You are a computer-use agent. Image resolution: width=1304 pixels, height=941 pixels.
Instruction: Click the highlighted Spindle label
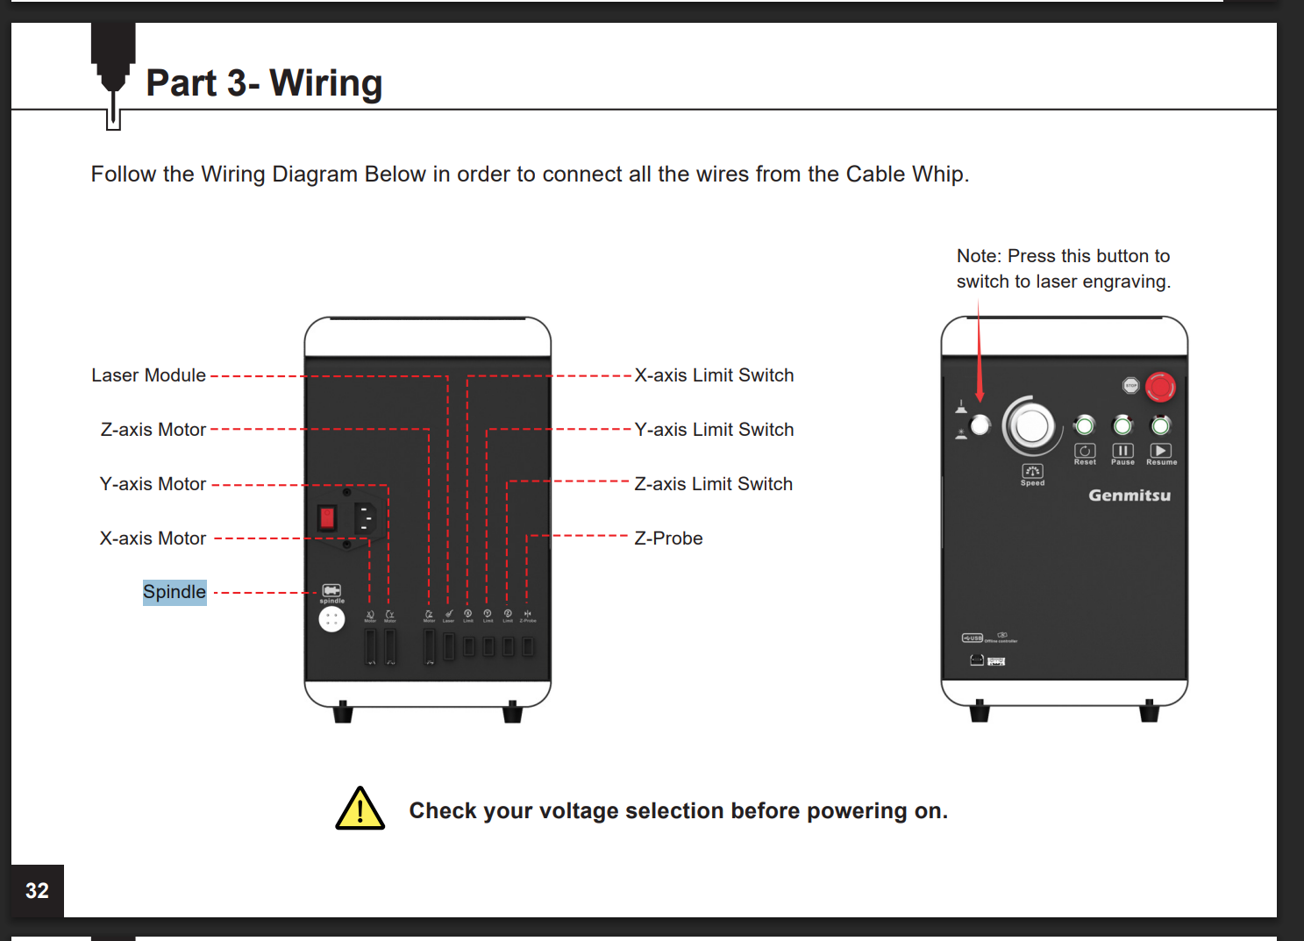click(175, 592)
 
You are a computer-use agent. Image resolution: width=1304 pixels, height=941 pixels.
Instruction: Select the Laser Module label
click(148, 375)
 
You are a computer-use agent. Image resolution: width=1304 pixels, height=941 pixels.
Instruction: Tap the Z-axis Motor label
click(153, 430)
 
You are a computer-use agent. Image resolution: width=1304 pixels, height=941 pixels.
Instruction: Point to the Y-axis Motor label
click(153, 484)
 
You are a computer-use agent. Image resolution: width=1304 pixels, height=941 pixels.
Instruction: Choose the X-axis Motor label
click(153, 538)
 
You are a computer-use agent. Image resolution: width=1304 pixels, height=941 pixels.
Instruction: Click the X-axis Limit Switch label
click(714, 375)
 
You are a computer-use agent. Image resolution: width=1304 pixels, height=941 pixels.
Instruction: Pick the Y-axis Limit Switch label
click(714, 430)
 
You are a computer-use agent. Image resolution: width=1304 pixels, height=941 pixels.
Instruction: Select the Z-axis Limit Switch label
click(713, 484)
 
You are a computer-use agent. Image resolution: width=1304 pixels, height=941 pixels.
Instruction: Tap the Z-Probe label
click(668, 538)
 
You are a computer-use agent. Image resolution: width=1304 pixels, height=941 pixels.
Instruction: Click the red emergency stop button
click(1160, 387)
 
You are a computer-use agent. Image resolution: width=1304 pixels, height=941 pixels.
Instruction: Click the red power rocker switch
click(327, 517)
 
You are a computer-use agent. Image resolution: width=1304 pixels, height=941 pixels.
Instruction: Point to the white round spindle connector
click(331, 620)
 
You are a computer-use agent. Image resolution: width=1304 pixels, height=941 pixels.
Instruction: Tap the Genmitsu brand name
click(1129, 495)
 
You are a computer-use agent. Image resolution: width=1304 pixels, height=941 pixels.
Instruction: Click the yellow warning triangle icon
click(360, 809)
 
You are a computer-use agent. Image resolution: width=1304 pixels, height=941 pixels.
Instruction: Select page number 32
click(37, 891)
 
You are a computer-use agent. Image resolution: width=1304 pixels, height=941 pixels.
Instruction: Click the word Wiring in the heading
click(325, 83)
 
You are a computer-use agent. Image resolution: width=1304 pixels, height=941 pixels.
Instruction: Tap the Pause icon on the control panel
click(1122, 451)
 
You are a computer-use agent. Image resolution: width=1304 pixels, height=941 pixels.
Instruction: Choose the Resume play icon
click(1160, 451)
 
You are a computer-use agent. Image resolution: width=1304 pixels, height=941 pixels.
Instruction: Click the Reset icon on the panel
click(1085, 451)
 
